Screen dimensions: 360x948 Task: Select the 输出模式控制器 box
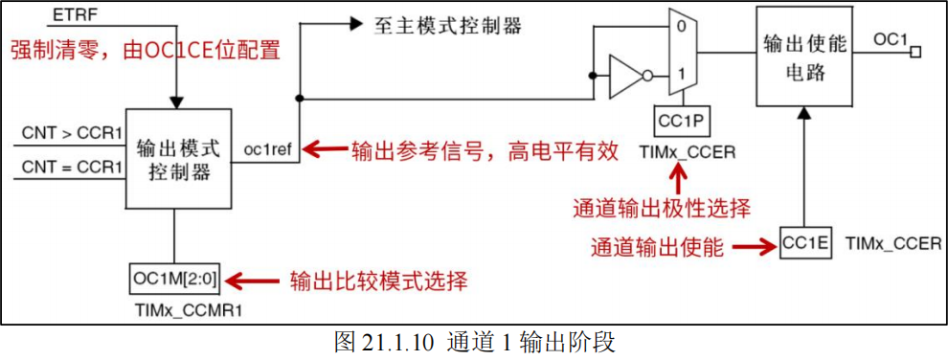178,159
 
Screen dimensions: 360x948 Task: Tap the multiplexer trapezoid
681,52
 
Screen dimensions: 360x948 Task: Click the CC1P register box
682,121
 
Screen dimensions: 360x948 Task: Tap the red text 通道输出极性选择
661,207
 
